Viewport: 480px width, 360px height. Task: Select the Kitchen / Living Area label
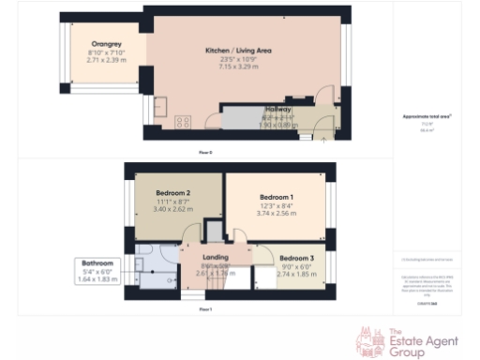(237, 51)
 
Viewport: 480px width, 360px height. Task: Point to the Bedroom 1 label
(277, 198)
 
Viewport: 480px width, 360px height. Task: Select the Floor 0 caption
(205, 151)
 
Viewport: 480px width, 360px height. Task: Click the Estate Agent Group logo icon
(368, 339)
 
